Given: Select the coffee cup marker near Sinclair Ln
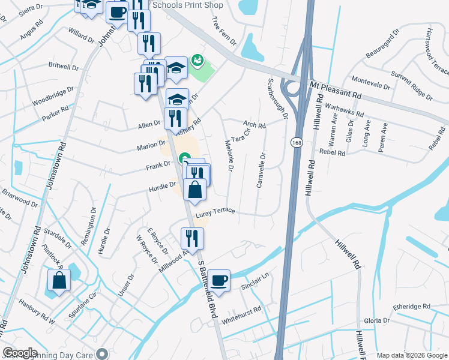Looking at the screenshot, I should [219, 280].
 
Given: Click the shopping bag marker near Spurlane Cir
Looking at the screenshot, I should [59, 281].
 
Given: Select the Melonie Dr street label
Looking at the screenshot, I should [229, 155].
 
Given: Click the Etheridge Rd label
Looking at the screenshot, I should [411, 307].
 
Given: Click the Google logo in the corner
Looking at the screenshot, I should [20, 353].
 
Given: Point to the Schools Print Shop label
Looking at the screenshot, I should [188, 5].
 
